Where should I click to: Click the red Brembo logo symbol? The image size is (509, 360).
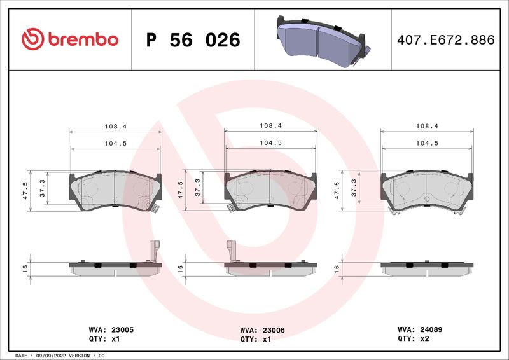[32, 39]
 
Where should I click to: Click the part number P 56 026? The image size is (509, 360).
[193, 40]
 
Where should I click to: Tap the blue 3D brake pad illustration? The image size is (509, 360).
[323, 41]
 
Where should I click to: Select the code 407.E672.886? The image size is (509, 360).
[446, 40]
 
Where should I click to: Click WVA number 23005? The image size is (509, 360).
[122, 330]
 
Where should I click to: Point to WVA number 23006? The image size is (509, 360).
[274, 331]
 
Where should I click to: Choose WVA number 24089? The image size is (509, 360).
[431, 329]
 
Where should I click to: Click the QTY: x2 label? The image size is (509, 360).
[413, 338]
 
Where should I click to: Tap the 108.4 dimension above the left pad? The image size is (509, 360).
[116, 127]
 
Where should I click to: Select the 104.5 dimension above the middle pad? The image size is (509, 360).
[271, 143]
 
